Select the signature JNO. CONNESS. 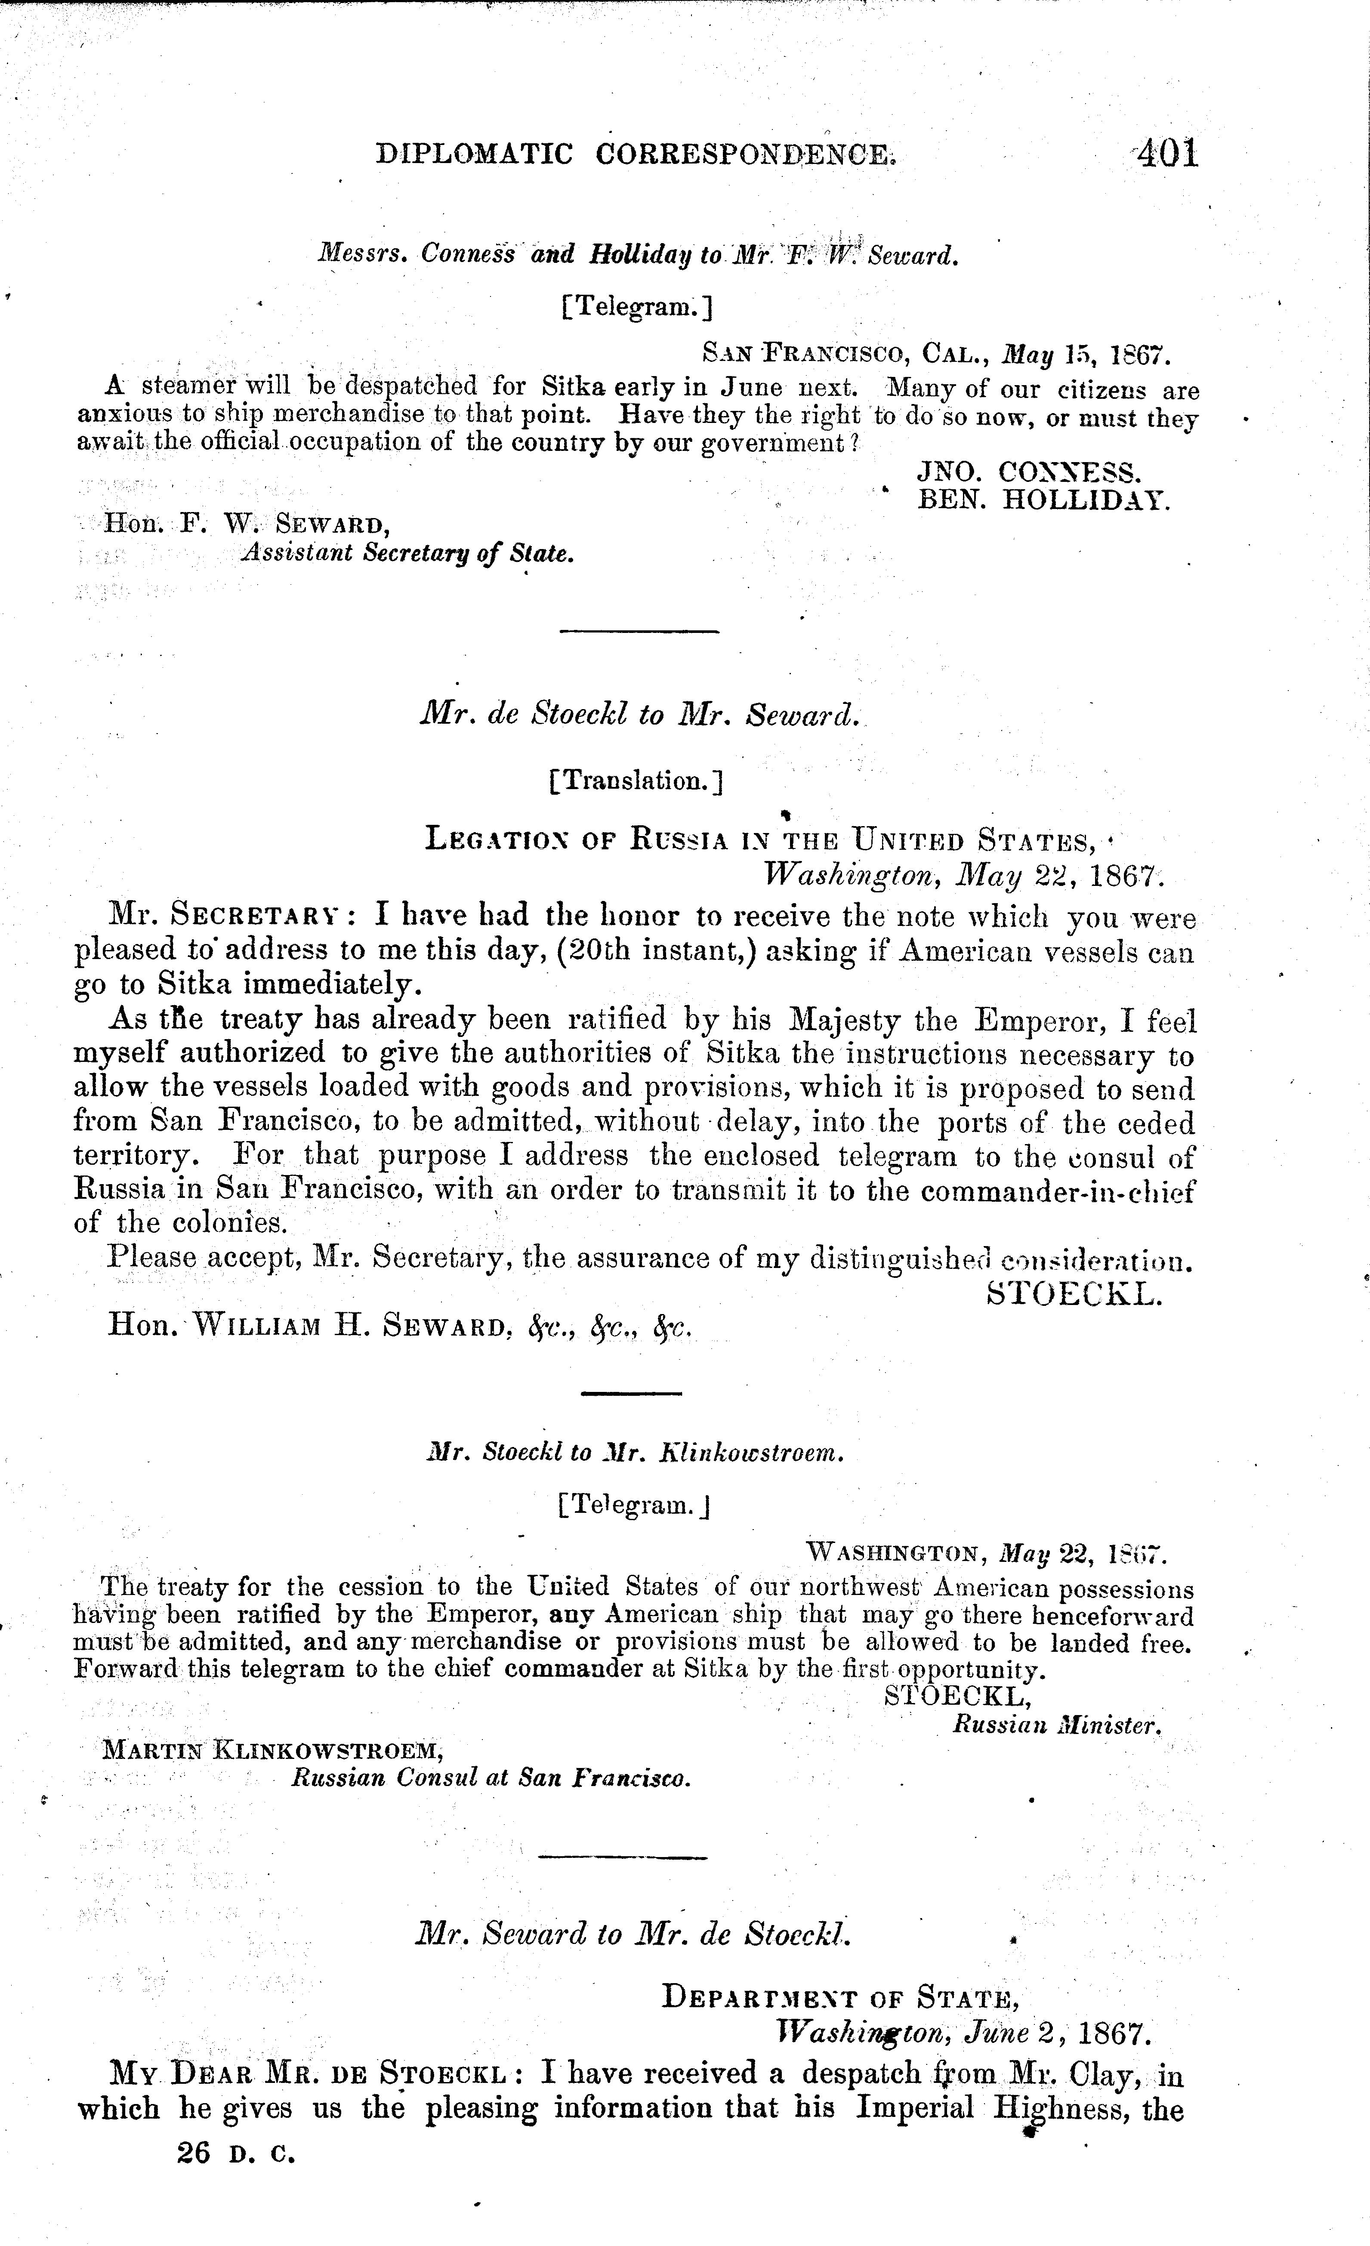(1028, 472)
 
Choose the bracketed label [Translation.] (636, 780)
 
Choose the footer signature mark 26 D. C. (237, 2153)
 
